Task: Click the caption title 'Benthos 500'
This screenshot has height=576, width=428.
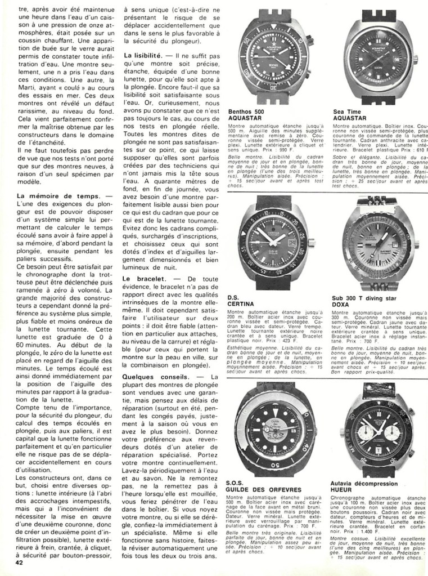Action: (x=246, y=111)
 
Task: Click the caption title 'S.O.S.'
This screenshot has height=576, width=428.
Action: (x=235, y=483)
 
